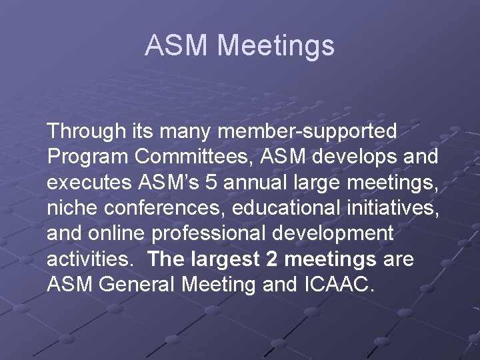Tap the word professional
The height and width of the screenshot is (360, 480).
coord(212,233)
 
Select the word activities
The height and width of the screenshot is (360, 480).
coord(90,259)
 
